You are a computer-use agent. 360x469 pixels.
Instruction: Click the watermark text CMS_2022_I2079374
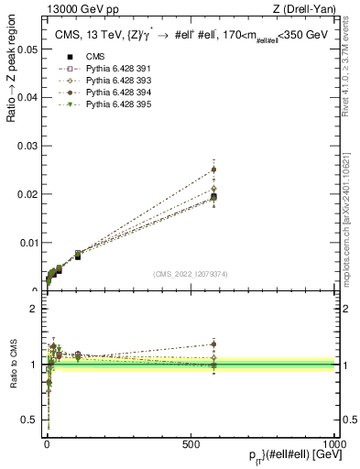[x=191, y=274]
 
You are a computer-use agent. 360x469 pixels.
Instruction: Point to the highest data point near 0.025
[x=213, y=169]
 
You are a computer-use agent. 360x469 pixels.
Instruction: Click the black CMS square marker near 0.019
[x=213, y=197]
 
